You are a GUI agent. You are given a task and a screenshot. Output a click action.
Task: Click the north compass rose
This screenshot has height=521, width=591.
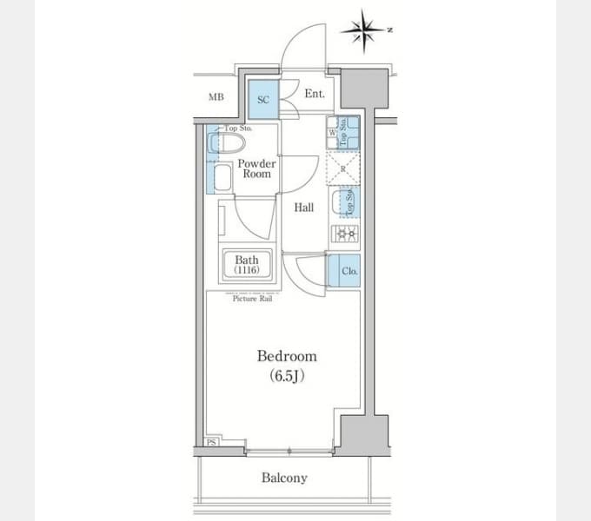click(x=366, y=31)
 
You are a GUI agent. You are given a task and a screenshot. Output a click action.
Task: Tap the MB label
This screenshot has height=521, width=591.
click(x=216, y=97)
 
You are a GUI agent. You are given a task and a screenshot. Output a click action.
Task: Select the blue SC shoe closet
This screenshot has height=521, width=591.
click(x=263, y=100)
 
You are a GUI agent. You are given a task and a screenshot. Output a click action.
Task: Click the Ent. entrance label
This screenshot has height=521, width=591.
click(x=314, y=94)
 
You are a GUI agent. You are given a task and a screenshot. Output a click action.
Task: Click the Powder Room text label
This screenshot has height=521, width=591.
click(x=256, y=168)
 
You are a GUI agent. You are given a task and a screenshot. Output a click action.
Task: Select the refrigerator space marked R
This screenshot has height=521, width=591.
click(x=342, y=167)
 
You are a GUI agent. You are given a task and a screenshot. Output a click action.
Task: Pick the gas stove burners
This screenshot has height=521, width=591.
click(x=343, y=234)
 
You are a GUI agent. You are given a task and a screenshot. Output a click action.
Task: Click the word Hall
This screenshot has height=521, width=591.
click(x=303, y=208)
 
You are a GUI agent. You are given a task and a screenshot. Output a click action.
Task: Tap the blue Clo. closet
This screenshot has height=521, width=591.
click(x=345, y=271)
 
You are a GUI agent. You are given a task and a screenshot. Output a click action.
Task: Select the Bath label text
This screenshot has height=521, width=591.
click(x=247, y=260)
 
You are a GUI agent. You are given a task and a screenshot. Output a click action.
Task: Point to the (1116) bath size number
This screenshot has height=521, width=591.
click(x=247, y=270)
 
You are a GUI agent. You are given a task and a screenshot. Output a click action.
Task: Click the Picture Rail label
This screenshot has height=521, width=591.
click(x=253, y=299)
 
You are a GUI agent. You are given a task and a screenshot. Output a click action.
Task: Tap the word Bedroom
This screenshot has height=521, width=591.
click(x=286, y=356)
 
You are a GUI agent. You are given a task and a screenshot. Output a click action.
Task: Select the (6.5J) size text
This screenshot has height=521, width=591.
click(x=286, y=376)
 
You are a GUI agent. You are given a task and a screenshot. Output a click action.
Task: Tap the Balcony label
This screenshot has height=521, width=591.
click(x=284, y=478)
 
